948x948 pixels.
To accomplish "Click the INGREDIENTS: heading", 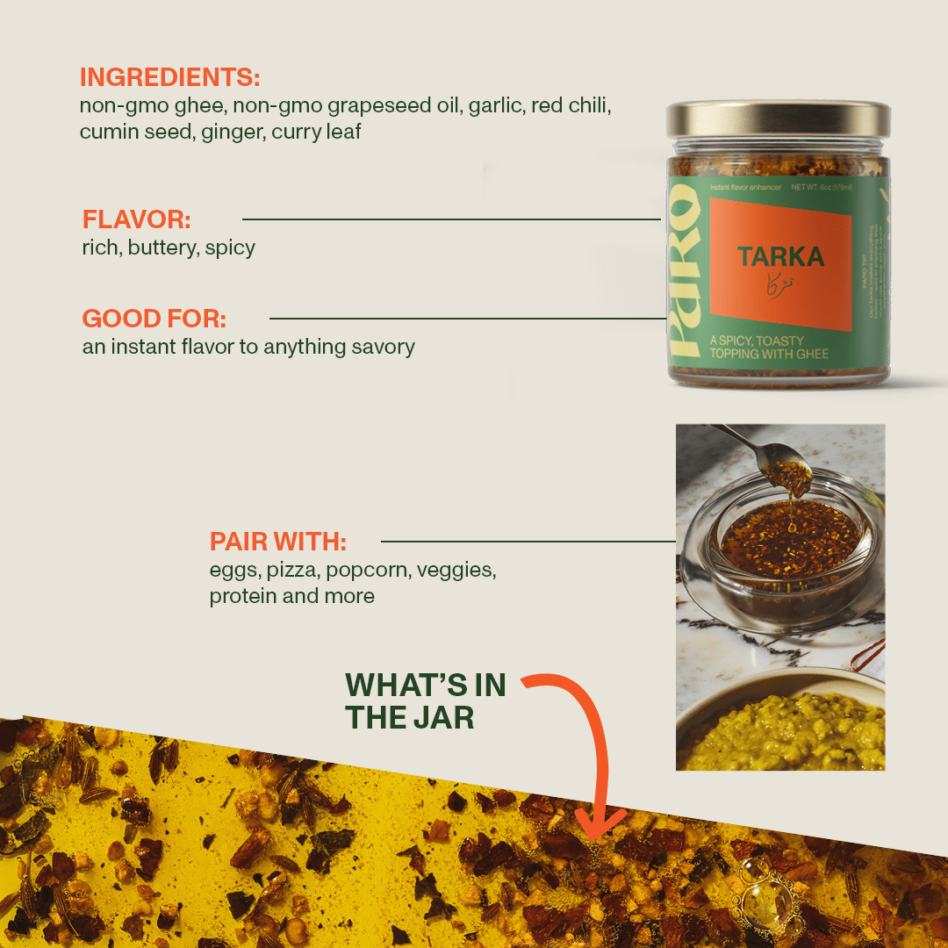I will [169, 77].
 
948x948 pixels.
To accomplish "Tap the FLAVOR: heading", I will [136, 219].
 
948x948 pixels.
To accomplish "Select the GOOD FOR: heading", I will [154, 318].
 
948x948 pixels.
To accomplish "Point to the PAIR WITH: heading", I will [277, 541].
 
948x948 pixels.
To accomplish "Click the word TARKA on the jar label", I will [780, 256].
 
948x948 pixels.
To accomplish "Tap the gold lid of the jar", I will [778, 119].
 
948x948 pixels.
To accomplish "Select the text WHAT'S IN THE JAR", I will [425, 701].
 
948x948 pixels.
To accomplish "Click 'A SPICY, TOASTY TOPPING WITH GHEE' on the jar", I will [768, 347].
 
